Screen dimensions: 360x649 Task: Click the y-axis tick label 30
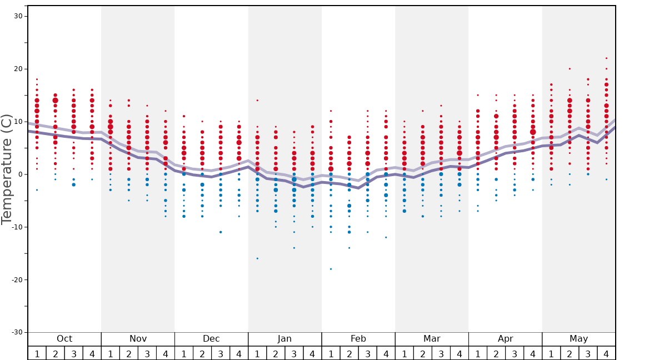coord(18,16)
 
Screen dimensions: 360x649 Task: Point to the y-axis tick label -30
coord(16,332)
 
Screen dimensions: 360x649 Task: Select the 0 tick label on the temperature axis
coord(19,174)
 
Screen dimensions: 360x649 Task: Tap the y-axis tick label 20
coord(18,69)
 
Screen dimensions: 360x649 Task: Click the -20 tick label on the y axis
coord(16,279)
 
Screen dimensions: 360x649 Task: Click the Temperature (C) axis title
coord(7,169)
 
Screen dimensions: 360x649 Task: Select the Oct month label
coord(64,339)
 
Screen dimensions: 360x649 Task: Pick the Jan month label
coord(284,339)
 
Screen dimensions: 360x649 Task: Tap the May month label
coord(578,339)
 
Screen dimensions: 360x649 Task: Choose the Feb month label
coord(358,339)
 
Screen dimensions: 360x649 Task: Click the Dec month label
coord(211,339)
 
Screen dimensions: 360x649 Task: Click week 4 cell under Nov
coord(166,353)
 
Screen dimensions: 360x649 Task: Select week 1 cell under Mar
coord(404,353)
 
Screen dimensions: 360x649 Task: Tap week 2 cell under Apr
coord(496,353)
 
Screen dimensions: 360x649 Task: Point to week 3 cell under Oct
coord(74,353)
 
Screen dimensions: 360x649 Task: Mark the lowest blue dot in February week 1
coord(331,269)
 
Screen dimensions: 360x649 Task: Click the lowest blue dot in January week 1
coord(257,258)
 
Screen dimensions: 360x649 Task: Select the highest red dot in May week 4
coord(606,58)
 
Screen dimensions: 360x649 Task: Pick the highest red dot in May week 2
coord(570,69)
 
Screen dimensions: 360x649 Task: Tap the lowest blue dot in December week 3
coord(221,232)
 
